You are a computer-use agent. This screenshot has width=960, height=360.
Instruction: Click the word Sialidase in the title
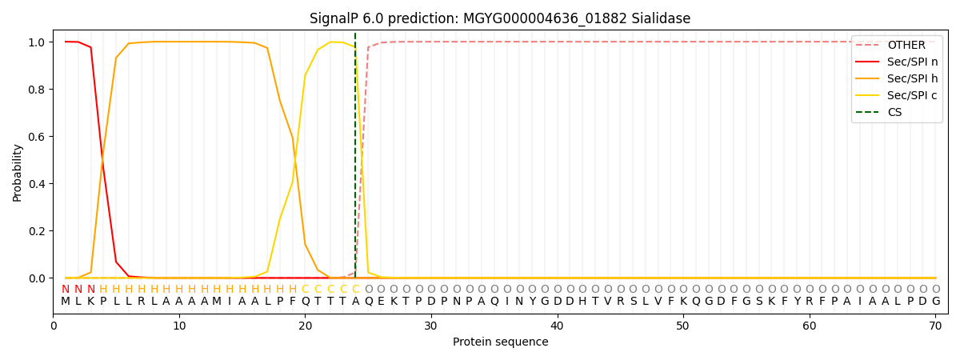(661, 18)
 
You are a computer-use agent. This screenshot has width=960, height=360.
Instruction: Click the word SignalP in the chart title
(336, 18)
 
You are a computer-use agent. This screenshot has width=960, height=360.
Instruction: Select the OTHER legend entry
(906, 46)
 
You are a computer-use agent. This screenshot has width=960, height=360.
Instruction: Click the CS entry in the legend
(894, 113)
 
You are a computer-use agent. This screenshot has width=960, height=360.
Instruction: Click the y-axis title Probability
(18, 172)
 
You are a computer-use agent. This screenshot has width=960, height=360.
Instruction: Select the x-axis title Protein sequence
(501, 342)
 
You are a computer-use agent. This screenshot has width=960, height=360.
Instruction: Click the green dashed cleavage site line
(355, 160)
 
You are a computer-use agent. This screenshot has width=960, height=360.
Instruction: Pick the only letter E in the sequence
(381, 302)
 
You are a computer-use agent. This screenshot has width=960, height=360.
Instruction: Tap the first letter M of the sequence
(66, 302)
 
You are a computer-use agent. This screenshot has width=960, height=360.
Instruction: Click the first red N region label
(66, 290)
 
